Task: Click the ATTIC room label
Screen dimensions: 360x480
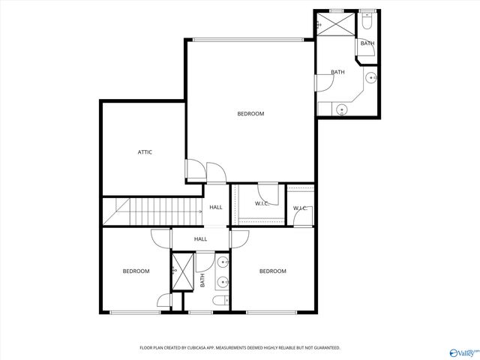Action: coord(145,152)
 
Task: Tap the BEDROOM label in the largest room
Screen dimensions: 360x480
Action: coord(250,114)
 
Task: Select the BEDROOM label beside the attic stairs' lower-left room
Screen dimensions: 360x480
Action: coord(136,271)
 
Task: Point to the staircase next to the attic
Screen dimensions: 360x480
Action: coord(152,211)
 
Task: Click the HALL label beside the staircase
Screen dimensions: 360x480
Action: coord(216,208)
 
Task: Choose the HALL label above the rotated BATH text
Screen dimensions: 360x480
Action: coord(201,239)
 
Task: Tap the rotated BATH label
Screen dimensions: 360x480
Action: coord(202,280)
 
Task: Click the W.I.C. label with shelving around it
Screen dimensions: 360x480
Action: coord(262,204)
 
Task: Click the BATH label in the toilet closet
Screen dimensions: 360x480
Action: coord(367,43)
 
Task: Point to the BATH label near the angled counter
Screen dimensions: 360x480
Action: coord(338,73)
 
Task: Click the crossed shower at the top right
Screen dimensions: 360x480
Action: coord(331,23)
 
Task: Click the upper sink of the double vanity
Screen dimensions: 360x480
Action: coord(223,262)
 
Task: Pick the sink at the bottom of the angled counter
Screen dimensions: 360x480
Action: coord(342,110)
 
